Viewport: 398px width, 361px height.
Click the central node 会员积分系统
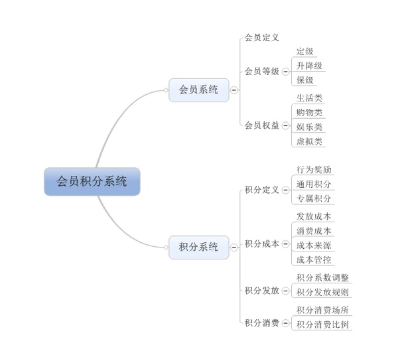coord(92,182)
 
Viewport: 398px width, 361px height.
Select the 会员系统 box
coord(199,90)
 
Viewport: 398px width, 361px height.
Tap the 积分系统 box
coord(199,248)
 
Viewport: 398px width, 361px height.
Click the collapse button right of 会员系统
coord(234,90)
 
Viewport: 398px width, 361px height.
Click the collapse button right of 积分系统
coord(234,248)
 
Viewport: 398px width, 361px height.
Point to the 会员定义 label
coord(262,38)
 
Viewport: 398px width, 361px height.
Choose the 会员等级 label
coord(262,71)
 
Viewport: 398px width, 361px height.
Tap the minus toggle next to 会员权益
coord(285,125)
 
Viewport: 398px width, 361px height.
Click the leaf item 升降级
coord(309,66)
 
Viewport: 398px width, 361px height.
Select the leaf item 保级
coord(305,80)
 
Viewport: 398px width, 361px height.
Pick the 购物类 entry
coord(309,112)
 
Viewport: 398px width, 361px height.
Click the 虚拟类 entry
coord(309,141)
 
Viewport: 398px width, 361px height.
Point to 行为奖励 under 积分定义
coord(314,170)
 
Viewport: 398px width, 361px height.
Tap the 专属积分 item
coord(314,198)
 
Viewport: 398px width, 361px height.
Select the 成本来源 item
coord(314,246)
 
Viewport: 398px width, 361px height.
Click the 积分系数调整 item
coord(322,277)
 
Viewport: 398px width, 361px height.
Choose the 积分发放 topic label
coord(262,291)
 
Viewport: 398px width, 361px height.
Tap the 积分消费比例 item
coord(322,325)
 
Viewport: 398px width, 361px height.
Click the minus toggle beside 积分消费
coord(285,323)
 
